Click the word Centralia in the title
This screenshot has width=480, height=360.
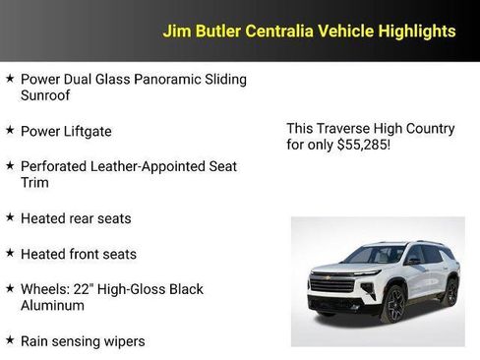[x=279, y=31]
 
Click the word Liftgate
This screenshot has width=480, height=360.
[x=88, y=131]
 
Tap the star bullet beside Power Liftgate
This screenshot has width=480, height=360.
[x=10, y=130]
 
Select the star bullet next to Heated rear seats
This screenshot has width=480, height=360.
[x=10, y=217]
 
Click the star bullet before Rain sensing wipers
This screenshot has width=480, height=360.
[x=10, y=340]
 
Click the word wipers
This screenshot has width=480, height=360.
[x=121, y=341]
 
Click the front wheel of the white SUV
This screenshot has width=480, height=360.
[x=395, y=305]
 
